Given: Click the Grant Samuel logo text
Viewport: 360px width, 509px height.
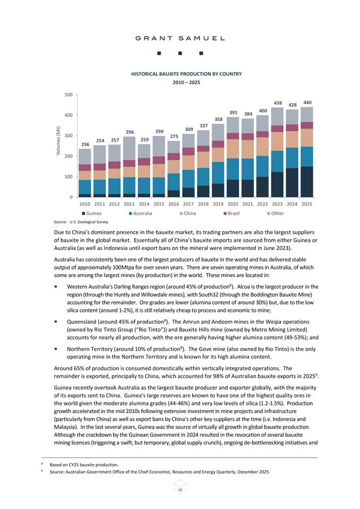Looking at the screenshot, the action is click(x=180, y=38).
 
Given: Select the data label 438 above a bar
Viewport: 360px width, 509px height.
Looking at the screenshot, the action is click(x=277, y=103).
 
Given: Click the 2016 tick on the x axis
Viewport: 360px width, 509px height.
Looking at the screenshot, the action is click(x=173, y=204).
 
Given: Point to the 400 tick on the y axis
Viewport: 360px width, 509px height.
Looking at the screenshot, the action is click(x=68, y=115).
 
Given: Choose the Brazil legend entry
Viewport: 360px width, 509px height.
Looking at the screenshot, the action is click(x=231, y=213).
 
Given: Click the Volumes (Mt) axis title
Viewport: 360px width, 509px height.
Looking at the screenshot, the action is click(x=58, y=141).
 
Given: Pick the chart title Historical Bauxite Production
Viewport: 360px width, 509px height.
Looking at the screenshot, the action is click(x=187, y=74).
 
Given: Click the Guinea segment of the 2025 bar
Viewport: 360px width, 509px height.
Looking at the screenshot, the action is click(x=307, y=182).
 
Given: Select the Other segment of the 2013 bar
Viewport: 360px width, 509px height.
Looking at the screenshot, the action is click(x=129, y=148).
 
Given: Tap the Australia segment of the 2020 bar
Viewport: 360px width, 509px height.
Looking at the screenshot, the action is click(x=233, y=169).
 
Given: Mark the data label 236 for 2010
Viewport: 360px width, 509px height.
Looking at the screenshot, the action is click(x=86, y=145).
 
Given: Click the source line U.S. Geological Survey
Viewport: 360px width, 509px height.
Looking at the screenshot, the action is click(x=81, y=222).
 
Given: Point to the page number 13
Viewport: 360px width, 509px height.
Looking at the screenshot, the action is click(x=180, y=490).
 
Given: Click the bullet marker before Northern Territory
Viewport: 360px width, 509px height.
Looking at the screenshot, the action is click(x=56, y=349).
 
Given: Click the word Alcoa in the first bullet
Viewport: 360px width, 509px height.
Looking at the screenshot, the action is click(x=244, y=287).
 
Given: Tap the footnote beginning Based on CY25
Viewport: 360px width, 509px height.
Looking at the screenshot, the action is click(x=84, y=465).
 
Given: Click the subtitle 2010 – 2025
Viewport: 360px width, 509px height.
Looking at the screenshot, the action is click(x=187, y=83).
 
